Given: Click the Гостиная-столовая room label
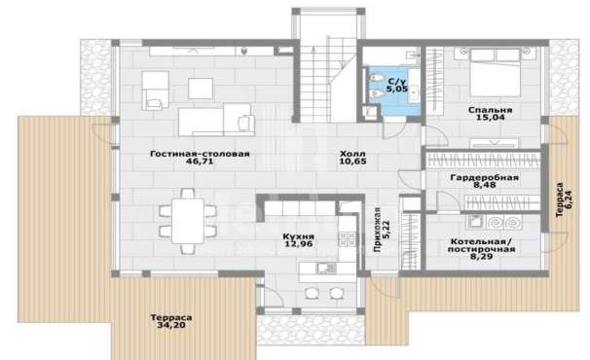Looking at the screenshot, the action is click(x=200, y=154).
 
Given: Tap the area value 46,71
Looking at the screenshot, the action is click(x=200, y=162).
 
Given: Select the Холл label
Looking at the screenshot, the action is click(x=352, y=154).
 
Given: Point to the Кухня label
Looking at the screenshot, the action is click(x=298, y=236).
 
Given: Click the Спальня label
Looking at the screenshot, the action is click(x=491, y=110).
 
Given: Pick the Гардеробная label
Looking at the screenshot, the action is click(x=485, y=177).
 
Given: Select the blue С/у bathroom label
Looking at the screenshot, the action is click(x=397, y=81).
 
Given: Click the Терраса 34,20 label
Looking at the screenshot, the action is click(x=171, y=321).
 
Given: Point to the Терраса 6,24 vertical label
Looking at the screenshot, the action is click(x=564, y=199).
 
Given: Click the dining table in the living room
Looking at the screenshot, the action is click(x=188, y=221).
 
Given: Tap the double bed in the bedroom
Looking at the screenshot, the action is click(x=496, y=72).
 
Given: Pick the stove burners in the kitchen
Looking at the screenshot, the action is click(x=347, y=239).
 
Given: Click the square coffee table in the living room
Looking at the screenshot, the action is click(x=201, y=89).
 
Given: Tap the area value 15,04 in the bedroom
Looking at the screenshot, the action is click(x=491, y=118).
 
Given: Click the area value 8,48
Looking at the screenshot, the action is click(x=485, y=185).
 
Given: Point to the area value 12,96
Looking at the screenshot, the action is click(x=298, y=244).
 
